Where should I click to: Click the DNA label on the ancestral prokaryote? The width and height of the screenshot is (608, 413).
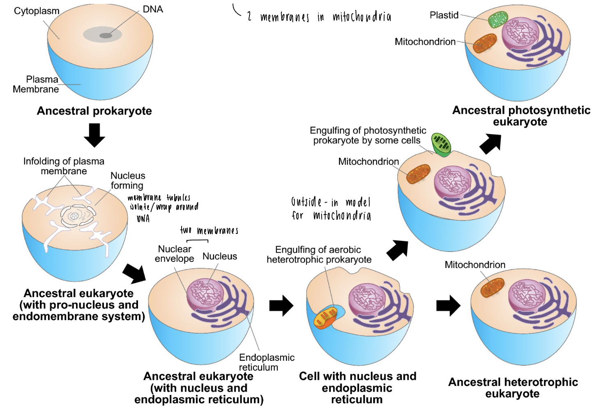(x=152, y=9)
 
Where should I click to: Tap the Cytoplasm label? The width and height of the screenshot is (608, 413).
(x=37, y=11)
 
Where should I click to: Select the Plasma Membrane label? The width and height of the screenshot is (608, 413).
(x=36, y=84)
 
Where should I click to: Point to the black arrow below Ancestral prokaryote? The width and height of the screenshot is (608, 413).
(x=94, y=135)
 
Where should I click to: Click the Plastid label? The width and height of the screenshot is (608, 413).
(x=444, y=15)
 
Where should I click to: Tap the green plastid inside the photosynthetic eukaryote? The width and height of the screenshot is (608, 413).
(x=498, y=19)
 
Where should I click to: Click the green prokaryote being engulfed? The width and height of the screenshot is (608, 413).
(x=441, y=144)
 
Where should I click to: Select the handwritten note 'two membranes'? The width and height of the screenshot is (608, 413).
(x=209, y=231)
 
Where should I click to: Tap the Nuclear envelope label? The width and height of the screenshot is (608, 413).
(x=175, y=254)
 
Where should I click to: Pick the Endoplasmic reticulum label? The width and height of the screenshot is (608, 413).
(x=267, y=362)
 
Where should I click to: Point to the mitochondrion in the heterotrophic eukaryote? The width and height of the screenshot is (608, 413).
(x=493, y=287)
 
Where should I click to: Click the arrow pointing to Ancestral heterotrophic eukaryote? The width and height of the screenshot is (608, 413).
(x=448, y=306)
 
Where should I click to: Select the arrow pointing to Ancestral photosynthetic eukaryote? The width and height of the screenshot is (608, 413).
(x=491, y=143)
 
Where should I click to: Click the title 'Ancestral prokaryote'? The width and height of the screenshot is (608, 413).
(x=94, y=111)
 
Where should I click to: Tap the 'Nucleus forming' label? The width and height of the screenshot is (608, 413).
(x=128, y=180)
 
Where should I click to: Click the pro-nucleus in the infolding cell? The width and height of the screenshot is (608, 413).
(x=75, y=216)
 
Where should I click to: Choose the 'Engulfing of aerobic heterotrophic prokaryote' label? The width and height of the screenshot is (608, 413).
(x=319, y=255)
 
